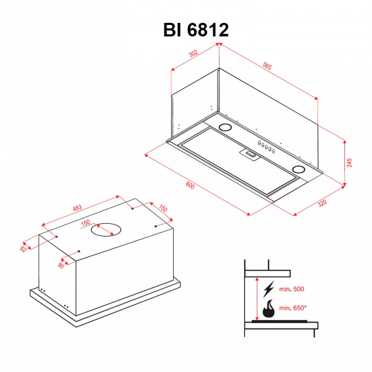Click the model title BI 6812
coord(196,30)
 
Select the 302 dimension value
coord(193,53)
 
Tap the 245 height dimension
coord(349,163)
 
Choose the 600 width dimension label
coord(190,187)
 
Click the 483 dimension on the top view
coord(78,210)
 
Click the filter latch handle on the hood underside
coord(251,155)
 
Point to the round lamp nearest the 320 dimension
coord(299,170)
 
